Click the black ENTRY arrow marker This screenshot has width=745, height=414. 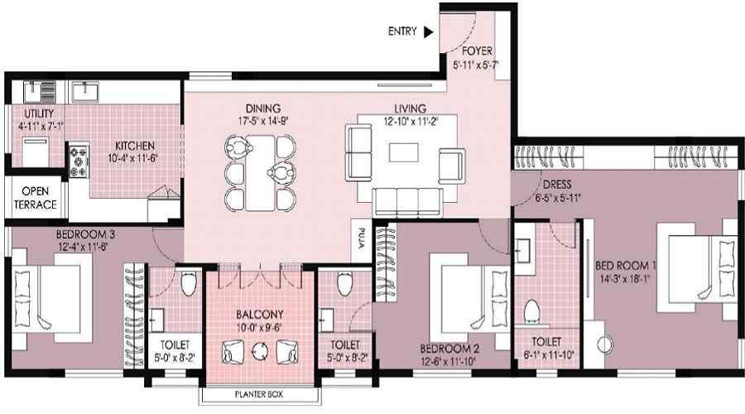pos(428,32)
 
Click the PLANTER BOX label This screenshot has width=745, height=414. pos(257,395)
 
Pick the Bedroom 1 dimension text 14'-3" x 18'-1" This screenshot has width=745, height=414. pos(626,279)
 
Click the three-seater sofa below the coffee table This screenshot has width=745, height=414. pos(406,200)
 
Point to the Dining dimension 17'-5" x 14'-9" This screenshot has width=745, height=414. pos(262,119)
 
